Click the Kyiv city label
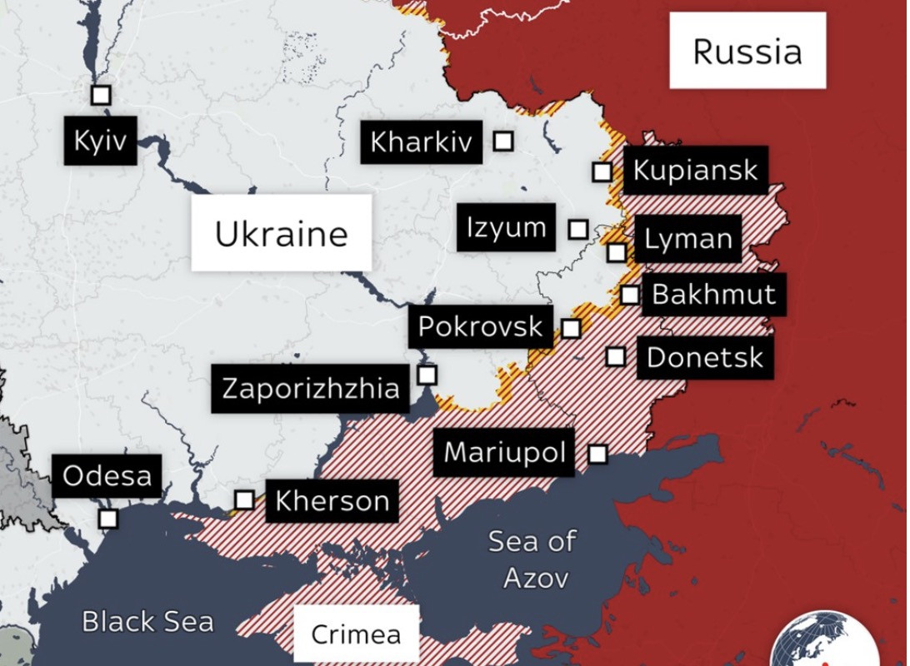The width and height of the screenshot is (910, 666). click(100, 140)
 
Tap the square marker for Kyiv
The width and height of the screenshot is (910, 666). click(101, 95)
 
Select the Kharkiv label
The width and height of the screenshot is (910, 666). click(421, 142)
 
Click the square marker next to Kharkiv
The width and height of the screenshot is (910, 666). click(502, 141)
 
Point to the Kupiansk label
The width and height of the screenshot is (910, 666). click(695, 171)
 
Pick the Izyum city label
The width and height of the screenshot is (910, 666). click(506, 227)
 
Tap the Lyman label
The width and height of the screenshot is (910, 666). click(688, 240)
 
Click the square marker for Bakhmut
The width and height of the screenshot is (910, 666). click(630, 295)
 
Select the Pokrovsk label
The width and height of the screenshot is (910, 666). click(480, 327)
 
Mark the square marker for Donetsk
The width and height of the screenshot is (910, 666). click(615, 356)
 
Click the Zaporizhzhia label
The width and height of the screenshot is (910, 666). click(310, 389)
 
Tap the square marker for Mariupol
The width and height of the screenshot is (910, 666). click(597, 454)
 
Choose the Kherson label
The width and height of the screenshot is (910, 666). click(332, 501)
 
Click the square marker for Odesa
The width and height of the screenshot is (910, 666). click(108, 519)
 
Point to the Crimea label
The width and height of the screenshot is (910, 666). click(356, 634)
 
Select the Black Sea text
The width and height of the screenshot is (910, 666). click(147, 622)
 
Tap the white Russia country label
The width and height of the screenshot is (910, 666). click(747, 51)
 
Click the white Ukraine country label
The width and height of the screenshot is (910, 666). click(281, 233)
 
